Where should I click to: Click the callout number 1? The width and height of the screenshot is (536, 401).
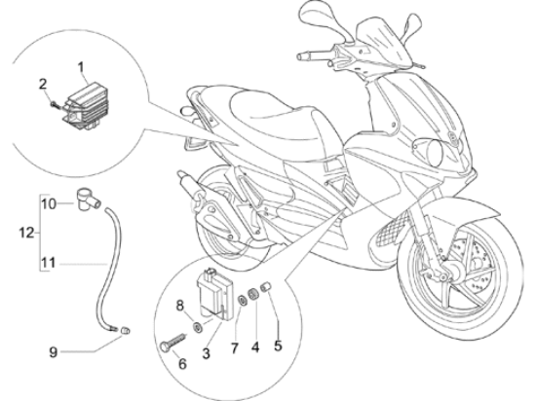point(81,67)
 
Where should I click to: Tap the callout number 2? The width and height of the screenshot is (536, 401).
point(43,84)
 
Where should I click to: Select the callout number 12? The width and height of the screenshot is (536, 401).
point(26,233)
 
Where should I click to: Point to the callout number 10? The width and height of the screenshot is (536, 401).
point(48,204)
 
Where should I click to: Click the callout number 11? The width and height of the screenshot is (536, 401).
point(48,264)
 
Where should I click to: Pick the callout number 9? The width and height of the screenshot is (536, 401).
point(53,352)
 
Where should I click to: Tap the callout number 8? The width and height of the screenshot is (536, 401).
point(180,306)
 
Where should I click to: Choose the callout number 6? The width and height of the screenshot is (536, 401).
point(183,364)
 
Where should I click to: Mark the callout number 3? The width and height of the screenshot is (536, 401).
point(206,353)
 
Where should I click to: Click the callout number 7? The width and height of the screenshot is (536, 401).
point(234,348)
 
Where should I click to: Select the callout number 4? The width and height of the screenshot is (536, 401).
point(255,347)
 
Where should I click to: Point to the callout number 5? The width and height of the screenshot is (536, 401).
point(278,346)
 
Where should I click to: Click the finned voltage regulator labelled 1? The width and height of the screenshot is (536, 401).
point(87,106)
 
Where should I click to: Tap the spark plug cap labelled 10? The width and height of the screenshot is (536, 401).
point(87,200)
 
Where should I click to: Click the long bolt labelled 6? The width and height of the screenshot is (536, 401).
point(172,342)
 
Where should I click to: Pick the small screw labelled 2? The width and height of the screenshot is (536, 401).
point(56,104)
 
